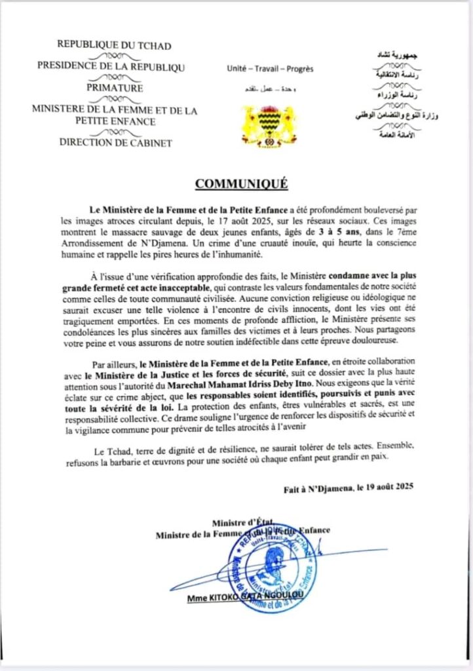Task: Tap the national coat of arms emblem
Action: (x=269, y=124)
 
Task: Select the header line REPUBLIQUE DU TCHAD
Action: (x=114, y=45)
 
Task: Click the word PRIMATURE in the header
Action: (x=114, y=88)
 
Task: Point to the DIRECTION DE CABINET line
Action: (x=115, y=142)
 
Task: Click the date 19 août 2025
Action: (x=386, y=488)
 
